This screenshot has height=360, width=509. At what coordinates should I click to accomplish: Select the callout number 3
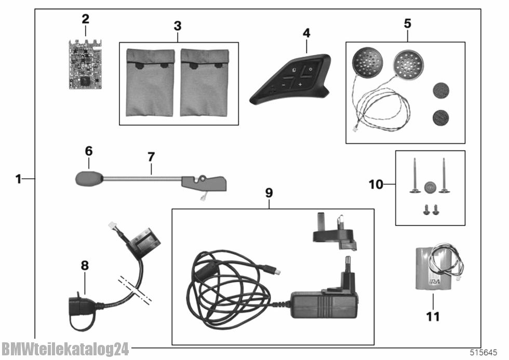pos(178,24)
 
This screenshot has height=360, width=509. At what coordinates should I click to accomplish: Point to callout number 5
pos(407,23)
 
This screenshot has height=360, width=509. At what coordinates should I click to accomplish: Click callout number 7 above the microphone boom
pos(151,156)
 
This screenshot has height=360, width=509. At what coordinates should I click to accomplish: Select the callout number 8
pos(85,266)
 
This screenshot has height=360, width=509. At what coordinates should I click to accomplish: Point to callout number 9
pos(269,193)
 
